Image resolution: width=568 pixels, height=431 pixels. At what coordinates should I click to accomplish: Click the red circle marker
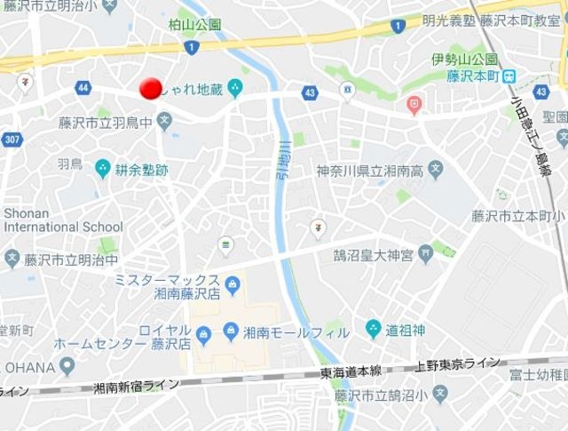151,88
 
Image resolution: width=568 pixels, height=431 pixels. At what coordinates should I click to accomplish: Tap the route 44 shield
83,88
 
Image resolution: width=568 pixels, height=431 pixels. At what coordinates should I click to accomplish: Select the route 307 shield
11,140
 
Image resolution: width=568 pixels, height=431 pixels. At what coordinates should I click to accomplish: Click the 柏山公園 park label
194,25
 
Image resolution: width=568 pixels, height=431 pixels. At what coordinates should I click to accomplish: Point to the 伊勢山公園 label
460,60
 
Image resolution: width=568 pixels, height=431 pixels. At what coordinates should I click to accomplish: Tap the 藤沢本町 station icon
509,76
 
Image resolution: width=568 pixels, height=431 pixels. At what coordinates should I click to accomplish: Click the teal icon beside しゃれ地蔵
234,87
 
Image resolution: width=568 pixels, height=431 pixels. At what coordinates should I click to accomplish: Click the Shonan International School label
63,219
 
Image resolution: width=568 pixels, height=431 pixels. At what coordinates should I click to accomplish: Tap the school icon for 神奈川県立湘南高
435,169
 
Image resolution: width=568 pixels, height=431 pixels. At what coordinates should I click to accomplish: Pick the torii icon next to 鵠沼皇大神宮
427,256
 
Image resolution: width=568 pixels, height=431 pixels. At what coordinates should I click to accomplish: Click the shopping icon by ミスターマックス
233,285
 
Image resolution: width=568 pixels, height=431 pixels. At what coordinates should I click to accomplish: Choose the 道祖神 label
406,330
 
